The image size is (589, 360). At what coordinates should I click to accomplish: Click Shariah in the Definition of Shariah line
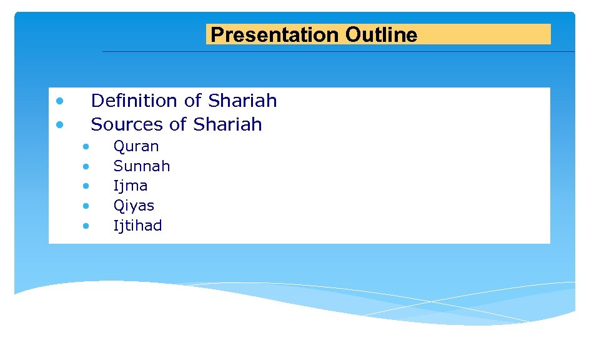click(242, 101)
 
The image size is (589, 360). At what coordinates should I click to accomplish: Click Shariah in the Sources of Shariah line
click(227, 124)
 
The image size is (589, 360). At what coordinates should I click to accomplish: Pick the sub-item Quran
click(136, 147)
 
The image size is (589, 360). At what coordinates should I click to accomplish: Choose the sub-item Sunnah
click(141, 166)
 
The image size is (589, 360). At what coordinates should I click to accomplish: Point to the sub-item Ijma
click(130, 186)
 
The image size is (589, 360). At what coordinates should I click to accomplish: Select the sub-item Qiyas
click(133, 206)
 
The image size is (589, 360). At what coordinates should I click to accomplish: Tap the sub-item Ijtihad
click(137, 226)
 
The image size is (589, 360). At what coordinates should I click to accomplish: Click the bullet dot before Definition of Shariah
click(59, 101)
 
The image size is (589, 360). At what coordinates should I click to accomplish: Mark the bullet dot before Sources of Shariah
click(59, 124)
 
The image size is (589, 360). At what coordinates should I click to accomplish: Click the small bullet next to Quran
click(86, 147)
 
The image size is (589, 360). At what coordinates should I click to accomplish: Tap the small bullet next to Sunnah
click(86, 166)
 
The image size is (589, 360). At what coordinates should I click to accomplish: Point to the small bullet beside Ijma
click(86, 186)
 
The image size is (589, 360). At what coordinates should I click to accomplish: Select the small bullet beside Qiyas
click(86, 206)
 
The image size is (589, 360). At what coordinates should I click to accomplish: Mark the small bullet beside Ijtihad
click(86, 226)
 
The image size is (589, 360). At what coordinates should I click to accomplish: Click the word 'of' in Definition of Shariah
click(192, 101)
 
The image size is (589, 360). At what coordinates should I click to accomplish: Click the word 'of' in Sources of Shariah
click(178, 124)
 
